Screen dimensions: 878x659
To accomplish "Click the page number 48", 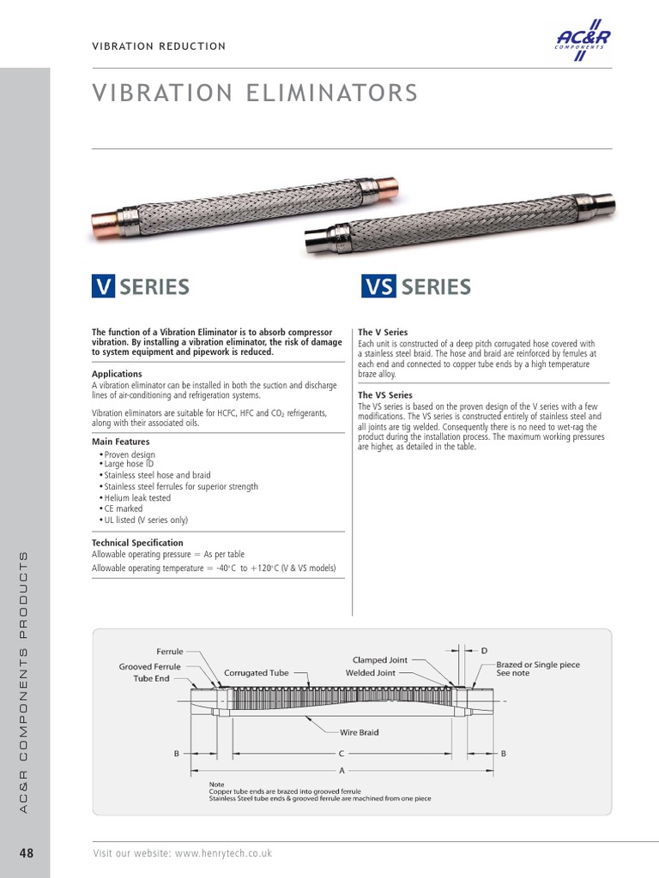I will pyautogui.click(x=25, y=853).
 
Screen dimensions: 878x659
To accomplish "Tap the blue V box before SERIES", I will pyautogui.click(x=103, y=286).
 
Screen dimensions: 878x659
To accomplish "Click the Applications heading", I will pyautogui.click(x=117, y=374).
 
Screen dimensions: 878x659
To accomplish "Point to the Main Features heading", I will pyautogui.click(x=120, y=442).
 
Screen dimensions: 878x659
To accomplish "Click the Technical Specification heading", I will pyautogui.click(x=137, y=543).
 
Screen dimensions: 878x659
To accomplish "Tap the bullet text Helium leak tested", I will pyautogui.click(x=136, y=497).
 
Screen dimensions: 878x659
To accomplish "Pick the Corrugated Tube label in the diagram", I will pyautogui.click(x=257, y=673).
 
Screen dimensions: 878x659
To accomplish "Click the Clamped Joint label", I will pyautogui.click(x=380, y=660).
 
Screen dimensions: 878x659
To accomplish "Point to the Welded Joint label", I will pyautogui.click(x=371, y=673).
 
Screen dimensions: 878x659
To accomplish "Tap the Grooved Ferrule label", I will pyautogui.click(x=149, y=666).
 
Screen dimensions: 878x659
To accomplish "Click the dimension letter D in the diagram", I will pyautogui.click(x=484, y=651).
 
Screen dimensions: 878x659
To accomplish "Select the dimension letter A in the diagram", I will pyautogui.click(x=341, y=769).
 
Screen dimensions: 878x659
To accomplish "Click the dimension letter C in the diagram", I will pyautogui.click(x=341, y=753).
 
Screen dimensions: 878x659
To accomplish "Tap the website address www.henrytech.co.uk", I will pyautogui.click(x=223, y=853).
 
